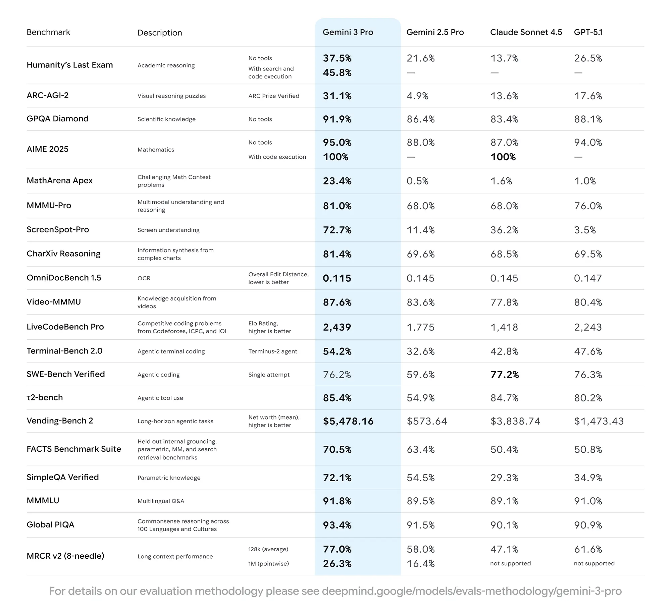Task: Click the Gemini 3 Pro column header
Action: tap(348, 32)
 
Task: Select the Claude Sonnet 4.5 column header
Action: tap(526, 32)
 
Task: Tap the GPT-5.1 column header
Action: tap(588, 32)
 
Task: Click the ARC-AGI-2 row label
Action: tap(48, 96)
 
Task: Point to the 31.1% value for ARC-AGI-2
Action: tap(337, 96)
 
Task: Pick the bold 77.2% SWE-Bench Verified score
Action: tap(504, 375)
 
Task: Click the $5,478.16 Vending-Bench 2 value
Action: tap(348, 421)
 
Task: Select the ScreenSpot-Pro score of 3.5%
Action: tap(584, 230)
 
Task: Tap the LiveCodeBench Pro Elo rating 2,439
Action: tap(337, 327)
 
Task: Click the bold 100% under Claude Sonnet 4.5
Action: tap(503, 157)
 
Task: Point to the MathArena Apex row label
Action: tap(59, 181)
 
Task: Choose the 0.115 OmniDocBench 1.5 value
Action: tap(337, 278)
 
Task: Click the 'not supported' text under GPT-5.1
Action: tap(594, 563)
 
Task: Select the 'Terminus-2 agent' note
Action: tap(272, 351)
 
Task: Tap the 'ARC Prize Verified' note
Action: tap(273, 96)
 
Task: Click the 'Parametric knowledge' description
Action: tap(169, 478)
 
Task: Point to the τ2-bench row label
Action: tap(45, 398)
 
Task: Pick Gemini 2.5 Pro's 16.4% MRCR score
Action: tap(420, 564)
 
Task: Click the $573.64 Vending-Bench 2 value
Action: tap(426, 421)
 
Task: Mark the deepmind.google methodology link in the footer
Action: tap(471, 591)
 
